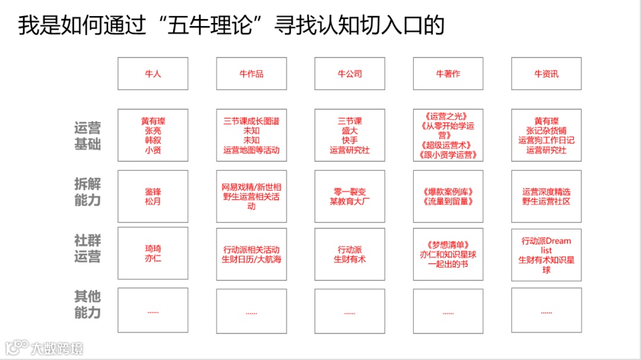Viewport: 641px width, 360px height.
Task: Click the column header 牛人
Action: tap(153, 74)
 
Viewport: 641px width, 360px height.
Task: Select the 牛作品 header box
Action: tap(251, 74)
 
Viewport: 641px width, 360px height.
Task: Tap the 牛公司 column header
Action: tap(350, 74)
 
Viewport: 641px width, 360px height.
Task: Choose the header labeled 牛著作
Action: tap(448, 74)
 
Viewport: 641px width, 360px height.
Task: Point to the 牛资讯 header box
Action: tap(546, 74)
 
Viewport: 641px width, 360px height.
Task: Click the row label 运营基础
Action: tap(87, 136)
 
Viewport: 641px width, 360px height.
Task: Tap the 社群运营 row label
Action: tap(87, 249)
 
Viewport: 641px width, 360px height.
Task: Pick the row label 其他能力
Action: tap(87, 305)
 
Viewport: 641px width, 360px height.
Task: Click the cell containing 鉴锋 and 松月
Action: tap(153, 196)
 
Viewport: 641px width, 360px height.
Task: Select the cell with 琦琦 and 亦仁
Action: tap(153, 253)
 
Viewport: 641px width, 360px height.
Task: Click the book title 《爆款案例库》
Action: tap(448, 192)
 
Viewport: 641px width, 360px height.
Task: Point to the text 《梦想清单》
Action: tap(448, 244)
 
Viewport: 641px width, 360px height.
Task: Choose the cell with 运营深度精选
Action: tap(546, 196)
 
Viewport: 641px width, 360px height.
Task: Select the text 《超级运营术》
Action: tap(448, 145)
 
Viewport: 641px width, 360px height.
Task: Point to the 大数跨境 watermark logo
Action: tap(45, 348)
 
